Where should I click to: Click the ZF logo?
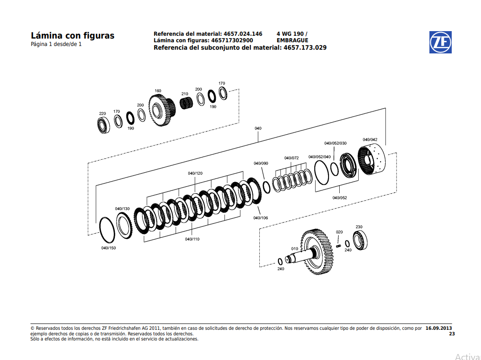440,43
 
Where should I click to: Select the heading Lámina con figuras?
72,36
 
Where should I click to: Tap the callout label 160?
158,91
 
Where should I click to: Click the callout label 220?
102,113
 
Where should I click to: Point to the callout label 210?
184,94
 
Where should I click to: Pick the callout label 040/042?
370,139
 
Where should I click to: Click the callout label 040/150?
108,248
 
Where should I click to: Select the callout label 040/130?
122,209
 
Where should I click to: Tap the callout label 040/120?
195,173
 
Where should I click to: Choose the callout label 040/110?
192,239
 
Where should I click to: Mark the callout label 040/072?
291,158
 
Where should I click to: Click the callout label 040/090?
261,164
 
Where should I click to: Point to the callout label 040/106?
261,218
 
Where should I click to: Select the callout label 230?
359,227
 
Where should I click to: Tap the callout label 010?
295,249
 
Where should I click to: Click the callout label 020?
339,232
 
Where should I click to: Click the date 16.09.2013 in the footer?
438,328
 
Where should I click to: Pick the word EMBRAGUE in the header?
292,40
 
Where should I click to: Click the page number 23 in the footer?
452,334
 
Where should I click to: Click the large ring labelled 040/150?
107,229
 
